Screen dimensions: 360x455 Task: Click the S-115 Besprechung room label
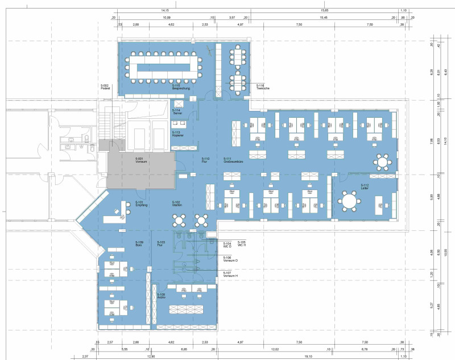point(181,88)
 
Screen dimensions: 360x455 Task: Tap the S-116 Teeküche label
point(262,86)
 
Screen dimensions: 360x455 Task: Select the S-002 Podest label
point(105,87)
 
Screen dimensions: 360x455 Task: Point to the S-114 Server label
point(177,111)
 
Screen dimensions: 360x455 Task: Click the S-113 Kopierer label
point(177,134)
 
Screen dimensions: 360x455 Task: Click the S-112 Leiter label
point(365,187)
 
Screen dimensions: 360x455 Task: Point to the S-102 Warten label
point(176,203)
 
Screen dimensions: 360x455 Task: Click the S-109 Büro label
point(139,243)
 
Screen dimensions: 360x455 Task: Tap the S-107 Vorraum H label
point(230,274)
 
